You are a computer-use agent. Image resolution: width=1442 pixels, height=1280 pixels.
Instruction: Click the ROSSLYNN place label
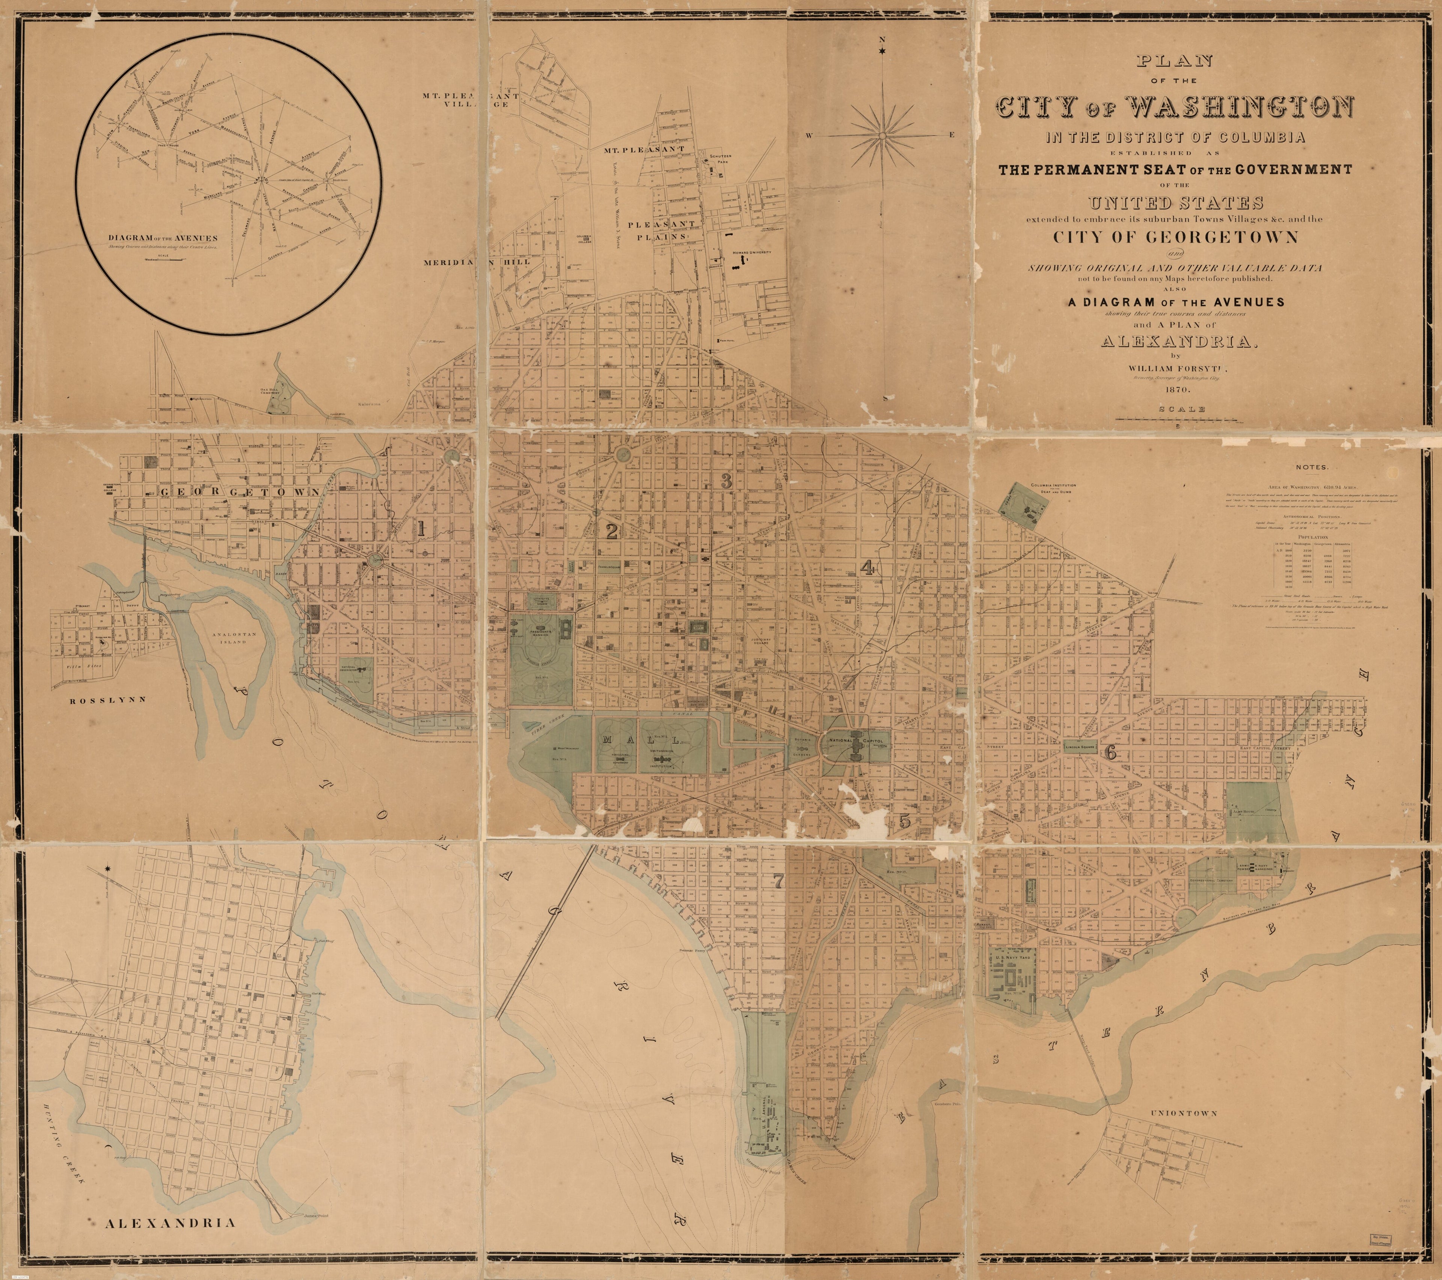point(107,701)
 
